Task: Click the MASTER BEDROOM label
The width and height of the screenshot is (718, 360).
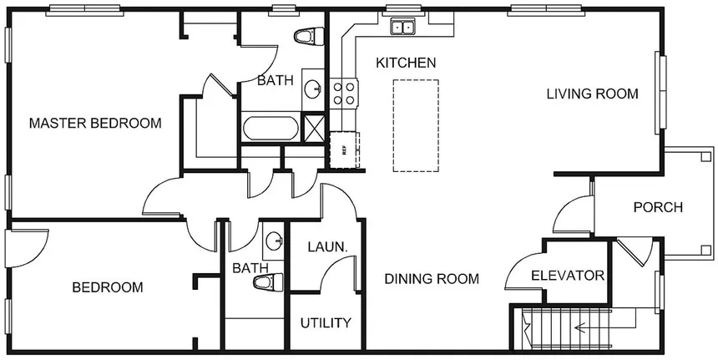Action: point(94,124)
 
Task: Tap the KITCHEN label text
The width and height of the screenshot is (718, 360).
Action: point(405,63)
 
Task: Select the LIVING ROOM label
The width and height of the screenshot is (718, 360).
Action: point(592,94)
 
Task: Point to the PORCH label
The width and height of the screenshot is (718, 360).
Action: point(658,207)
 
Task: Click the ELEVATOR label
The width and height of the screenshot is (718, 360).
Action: point(567,275)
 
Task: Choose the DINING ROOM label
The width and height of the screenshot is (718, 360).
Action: point(432,279)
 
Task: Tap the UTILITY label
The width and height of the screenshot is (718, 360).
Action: point(326,322)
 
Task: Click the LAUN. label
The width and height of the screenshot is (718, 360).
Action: point(321,247)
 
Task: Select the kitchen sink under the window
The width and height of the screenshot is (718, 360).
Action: point(402,28)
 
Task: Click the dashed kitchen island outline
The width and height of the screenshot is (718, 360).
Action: point(416,125)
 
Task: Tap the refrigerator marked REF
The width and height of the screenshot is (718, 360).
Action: point(343,150)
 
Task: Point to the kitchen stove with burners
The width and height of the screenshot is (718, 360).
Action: point(343,92)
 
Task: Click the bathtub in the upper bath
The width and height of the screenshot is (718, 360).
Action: point(269,129)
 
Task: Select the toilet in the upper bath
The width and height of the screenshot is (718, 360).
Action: point(308,38)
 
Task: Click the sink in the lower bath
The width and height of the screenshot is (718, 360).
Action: point(274,241)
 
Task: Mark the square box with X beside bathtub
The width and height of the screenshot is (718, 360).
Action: point(314,128)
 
